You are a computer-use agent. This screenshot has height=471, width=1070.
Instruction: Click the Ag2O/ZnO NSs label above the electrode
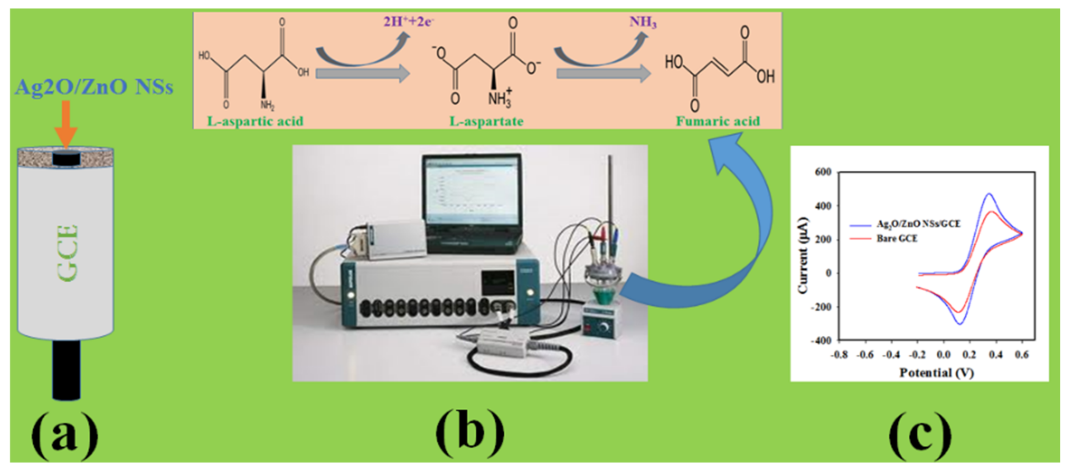94,87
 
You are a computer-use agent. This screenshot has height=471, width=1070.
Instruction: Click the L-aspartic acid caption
255,121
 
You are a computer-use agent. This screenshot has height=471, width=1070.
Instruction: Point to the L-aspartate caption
486,121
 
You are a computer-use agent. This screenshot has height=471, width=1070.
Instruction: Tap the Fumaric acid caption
718,121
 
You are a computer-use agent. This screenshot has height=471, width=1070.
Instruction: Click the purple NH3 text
643,22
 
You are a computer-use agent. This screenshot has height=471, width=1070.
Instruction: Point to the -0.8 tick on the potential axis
839,355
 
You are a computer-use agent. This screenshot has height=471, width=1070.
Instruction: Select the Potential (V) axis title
936,372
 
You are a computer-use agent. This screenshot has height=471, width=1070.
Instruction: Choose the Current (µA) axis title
803,256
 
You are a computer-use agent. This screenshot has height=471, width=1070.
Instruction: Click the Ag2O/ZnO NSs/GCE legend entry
918,224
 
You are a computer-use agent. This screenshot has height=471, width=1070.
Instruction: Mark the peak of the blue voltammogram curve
989,194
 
